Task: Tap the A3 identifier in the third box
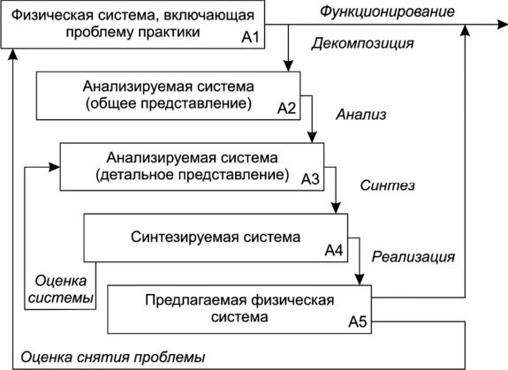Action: [x=311, y=178]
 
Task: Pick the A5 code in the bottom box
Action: [x=357, y=321]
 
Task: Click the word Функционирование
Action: [x=388, y=11]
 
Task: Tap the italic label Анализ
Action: [x=360, y=114]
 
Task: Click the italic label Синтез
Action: [x=388, y=186]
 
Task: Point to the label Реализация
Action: [x=413, y=258]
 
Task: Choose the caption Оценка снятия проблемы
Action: [x=112, y=358]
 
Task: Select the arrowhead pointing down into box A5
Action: [x=359, y=280]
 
